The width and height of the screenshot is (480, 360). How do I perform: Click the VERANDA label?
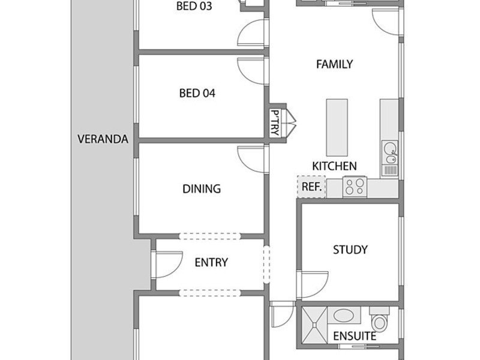point(103,139)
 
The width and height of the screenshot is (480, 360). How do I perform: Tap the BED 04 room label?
point(197,93)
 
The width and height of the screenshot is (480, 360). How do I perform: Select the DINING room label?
point(202,188)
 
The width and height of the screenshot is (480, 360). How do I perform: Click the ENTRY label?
point(211,262)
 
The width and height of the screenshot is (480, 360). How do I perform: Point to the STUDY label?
point(350,250)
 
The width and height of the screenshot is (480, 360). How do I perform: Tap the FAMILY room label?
point(334,64)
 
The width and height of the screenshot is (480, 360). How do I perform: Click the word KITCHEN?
point(334,166)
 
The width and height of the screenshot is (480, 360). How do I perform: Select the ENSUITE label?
point(355,336)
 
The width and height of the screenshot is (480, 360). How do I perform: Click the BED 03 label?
point(194,6)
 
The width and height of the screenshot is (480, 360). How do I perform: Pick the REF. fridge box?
point(311,187)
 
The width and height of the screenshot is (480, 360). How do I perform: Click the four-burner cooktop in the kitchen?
point(355,187)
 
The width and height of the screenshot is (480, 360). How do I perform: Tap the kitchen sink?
point(389,152)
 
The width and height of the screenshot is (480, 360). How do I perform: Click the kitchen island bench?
point(337,127)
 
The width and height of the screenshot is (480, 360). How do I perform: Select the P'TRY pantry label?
point(275,123)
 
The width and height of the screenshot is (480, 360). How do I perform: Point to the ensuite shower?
point(314,325)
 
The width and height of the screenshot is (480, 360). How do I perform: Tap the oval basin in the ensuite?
point(343,316)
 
